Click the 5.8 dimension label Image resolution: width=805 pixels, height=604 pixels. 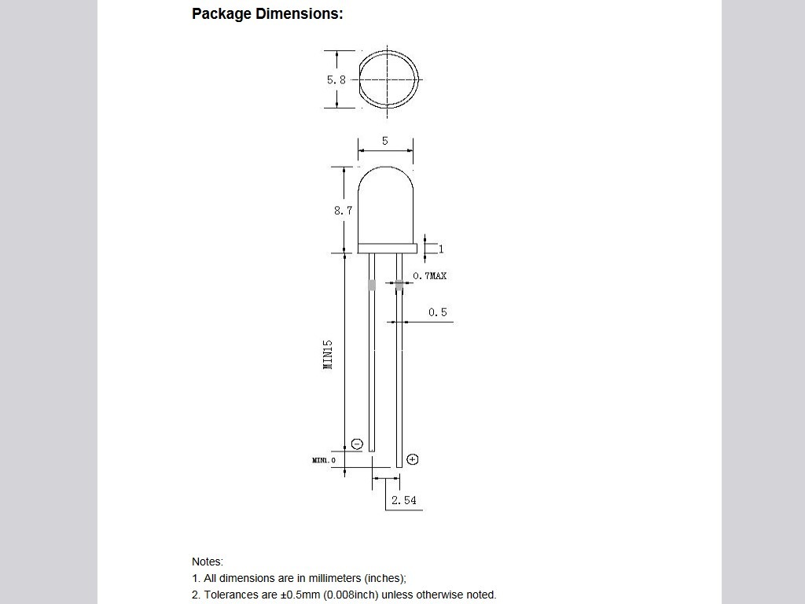tap(336, 79)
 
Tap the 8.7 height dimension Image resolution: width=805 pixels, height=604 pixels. tap(343, 210)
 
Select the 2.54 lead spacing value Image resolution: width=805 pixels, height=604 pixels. tap(403, 500)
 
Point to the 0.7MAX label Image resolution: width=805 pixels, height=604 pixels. tap(430, 276)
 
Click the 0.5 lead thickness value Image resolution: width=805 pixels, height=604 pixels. tap(437, 311)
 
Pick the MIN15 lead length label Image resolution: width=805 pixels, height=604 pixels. tap(328, 354)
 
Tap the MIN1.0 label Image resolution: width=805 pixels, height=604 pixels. tap(323, 460)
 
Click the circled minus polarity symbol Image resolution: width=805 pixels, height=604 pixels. tap(357, 444)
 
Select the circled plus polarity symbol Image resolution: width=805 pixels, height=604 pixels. tap(412, 459)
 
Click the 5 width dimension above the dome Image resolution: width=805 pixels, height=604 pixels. tap(385, 141)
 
